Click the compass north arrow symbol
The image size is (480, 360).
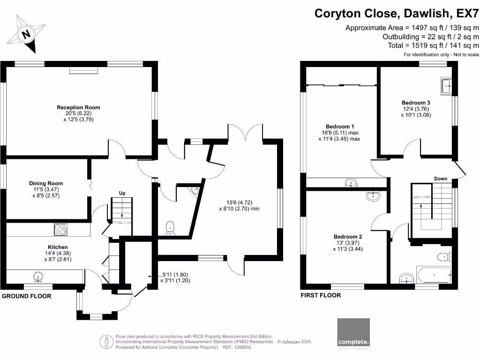point(27,34)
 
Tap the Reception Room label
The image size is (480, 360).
point(78,107)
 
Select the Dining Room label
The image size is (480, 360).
point(45,183)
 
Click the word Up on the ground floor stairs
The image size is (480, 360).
point(122,193)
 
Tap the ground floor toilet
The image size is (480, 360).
point(171,228)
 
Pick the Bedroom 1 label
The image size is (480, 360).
point(340,127)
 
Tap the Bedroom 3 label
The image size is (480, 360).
point(416,103)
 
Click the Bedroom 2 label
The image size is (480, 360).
point(347,237)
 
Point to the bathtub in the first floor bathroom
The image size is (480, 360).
point(434,275)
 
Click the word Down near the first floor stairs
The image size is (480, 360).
point(441,179)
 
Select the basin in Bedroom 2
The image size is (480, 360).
point(373,196)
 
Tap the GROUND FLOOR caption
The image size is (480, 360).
point(27,296)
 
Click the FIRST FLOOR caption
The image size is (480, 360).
point(321,295)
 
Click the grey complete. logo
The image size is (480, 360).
point(353,334)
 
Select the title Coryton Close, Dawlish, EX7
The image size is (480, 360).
point(397,13)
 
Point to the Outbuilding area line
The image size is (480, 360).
point(431,37)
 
